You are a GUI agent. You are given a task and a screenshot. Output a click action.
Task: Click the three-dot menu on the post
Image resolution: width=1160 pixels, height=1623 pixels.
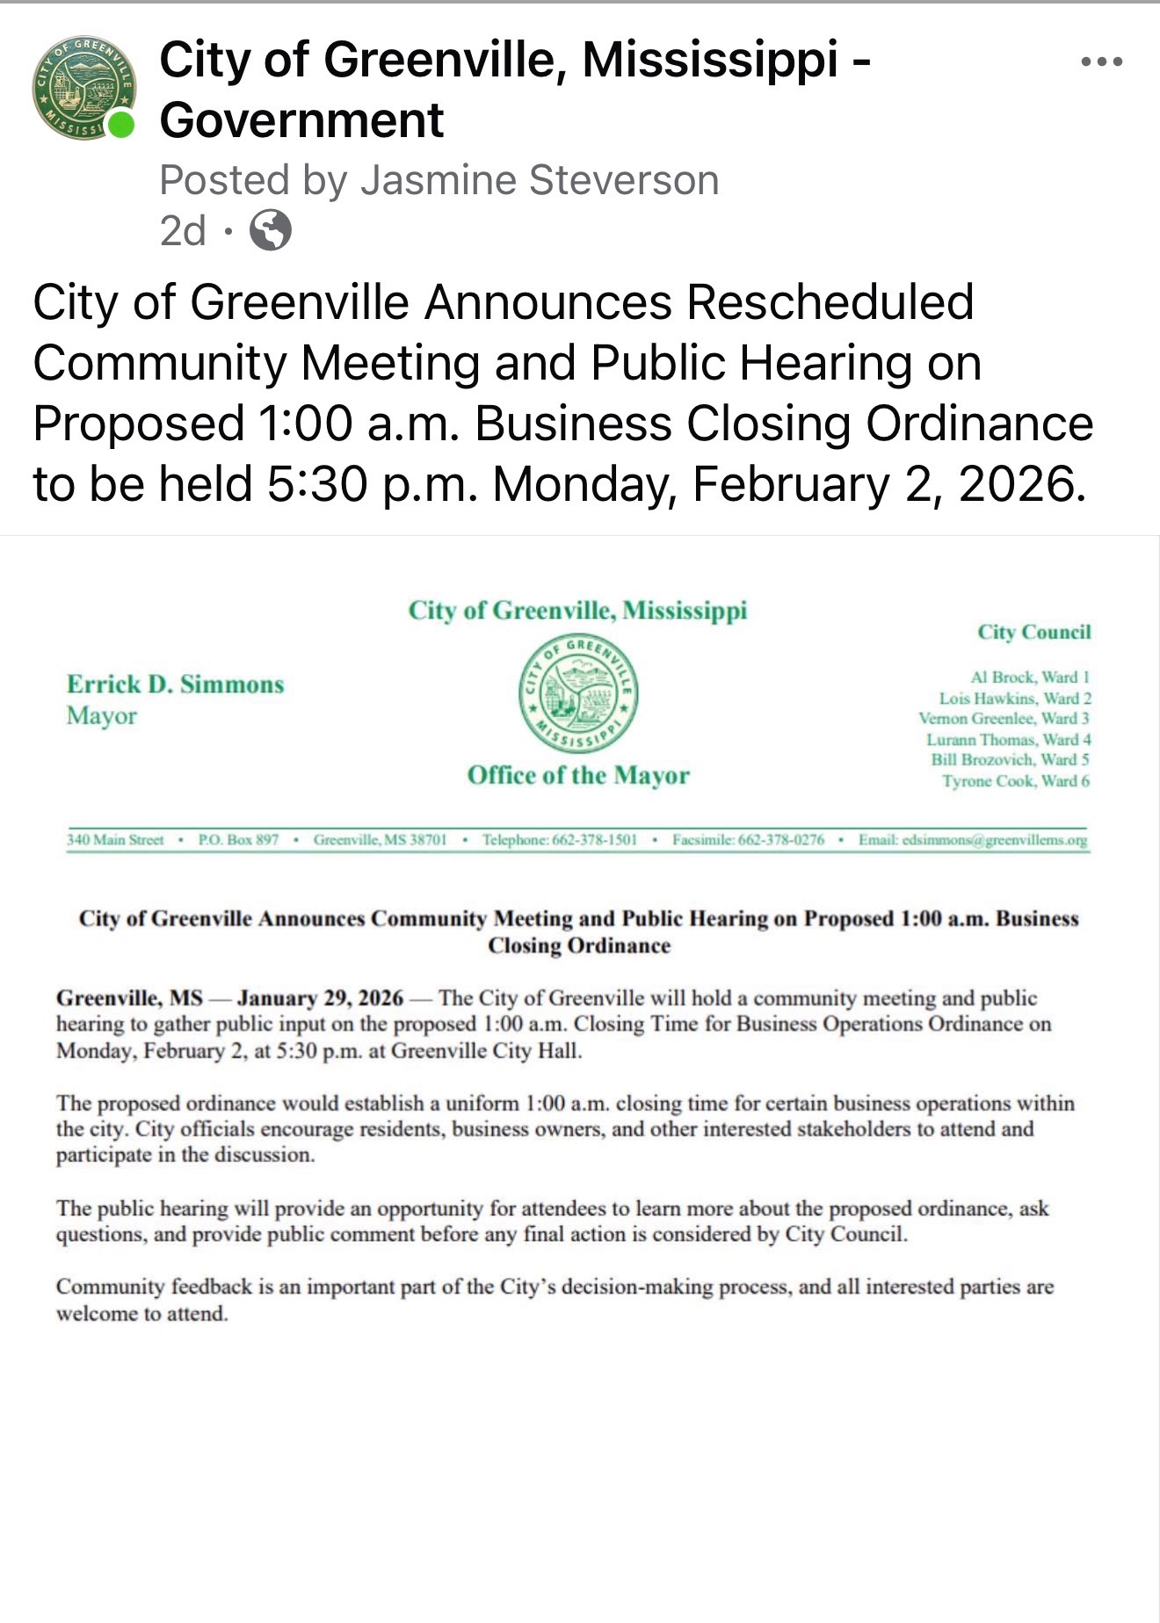tap(1102, 62)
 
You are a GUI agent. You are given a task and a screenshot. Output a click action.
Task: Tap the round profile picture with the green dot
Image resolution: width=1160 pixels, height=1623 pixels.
tap(84, 88)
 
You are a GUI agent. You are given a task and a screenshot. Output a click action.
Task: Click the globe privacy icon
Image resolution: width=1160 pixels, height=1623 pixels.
tap(271, 231)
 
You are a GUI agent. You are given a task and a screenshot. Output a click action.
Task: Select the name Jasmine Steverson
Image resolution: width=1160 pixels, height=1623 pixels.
tap(540, 180)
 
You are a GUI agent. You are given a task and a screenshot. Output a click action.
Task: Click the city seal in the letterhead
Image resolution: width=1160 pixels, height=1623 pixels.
tap(578, 693)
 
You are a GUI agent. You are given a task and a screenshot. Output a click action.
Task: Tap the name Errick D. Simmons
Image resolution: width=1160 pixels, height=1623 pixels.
tap(175, 685)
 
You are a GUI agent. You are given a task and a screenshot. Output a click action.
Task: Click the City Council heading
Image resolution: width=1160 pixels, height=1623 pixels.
tap(1034, 632)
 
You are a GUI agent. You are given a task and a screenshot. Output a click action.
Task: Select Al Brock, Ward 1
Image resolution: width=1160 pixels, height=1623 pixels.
tap(1030, 677)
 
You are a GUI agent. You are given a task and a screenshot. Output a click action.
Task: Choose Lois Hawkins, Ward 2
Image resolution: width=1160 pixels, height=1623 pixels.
tap(1015, 699)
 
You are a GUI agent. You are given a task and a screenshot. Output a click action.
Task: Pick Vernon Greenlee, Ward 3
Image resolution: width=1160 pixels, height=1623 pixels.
tap(1004, 719)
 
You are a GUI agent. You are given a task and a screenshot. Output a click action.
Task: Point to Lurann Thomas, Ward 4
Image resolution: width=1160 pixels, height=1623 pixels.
tap(1009, 740)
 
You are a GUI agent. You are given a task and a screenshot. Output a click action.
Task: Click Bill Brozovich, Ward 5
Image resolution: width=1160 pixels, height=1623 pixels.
tap(1011, 760)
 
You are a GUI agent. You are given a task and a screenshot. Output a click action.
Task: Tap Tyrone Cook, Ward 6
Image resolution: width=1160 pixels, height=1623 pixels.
tap(1016, 781)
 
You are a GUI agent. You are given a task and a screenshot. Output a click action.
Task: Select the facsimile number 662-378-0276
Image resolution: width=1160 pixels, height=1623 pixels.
tap(781, 840)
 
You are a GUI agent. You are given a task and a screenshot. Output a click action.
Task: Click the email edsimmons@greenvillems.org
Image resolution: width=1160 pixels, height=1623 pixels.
tap(995, 840)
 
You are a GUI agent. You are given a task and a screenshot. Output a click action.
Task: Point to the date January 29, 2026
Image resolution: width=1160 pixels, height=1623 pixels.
tap(320, 998)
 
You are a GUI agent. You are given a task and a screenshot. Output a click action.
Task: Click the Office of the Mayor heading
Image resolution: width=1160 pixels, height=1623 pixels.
tap(578, 775)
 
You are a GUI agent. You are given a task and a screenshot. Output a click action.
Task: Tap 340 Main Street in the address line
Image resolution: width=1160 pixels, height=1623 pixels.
tap(115, 840)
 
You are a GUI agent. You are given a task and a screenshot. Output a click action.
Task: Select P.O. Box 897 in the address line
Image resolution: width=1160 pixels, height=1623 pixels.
tap(238, 840)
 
